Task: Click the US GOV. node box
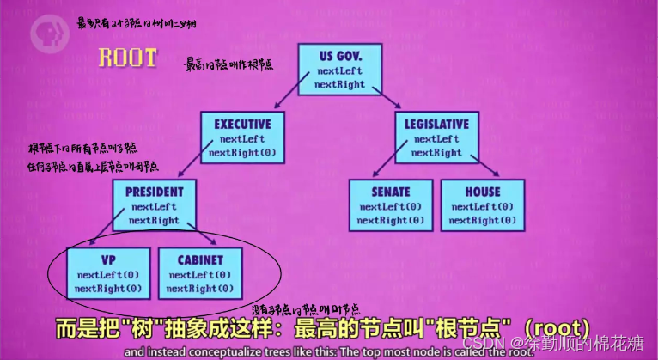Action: coord(339,67)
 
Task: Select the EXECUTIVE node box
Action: coord(242,137)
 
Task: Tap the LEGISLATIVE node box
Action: coord(436,137)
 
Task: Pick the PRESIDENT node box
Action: coord(153,204)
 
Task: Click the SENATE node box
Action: coord(391,204)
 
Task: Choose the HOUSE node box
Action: coord(482,204)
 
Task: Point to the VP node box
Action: coord(108,272)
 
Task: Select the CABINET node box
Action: coord(200,272)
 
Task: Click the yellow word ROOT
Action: coord(127,58)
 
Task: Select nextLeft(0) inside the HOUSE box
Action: coord(482,207)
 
